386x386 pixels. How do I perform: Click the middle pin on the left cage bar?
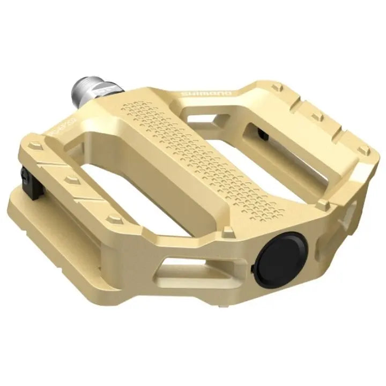[68, 178]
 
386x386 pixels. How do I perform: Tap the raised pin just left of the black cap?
[229, 232]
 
